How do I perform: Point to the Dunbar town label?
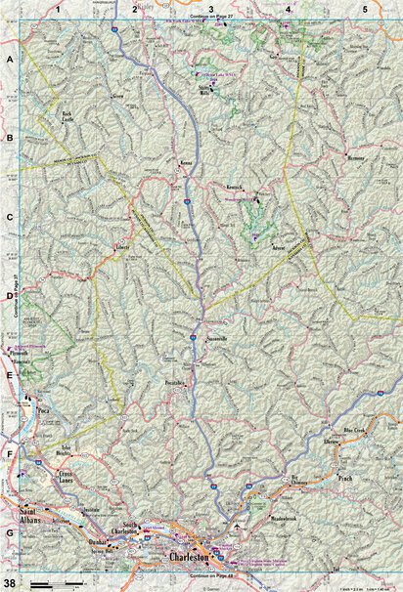pyautogui.click(x=96, y=540)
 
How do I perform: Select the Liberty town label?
pyautogui.click(x=124, y=247)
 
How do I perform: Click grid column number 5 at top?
pyautogui.click(x=365, y=9)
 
